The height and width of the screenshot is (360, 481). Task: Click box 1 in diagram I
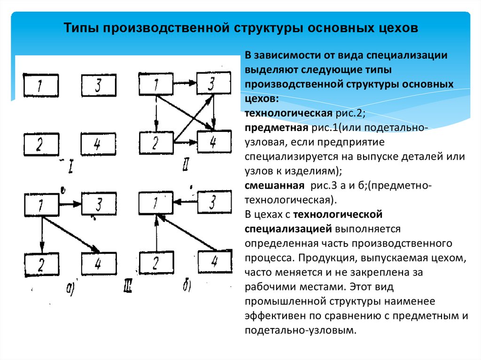41,86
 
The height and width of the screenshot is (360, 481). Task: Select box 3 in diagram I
99,86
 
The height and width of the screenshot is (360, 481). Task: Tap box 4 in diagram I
99,145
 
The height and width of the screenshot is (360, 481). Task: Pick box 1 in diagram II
156,84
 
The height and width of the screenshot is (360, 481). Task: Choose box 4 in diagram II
214,141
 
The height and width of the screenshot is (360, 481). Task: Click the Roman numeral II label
186,165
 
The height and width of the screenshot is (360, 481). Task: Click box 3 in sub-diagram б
214,202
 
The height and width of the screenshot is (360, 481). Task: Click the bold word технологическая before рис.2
275,114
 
